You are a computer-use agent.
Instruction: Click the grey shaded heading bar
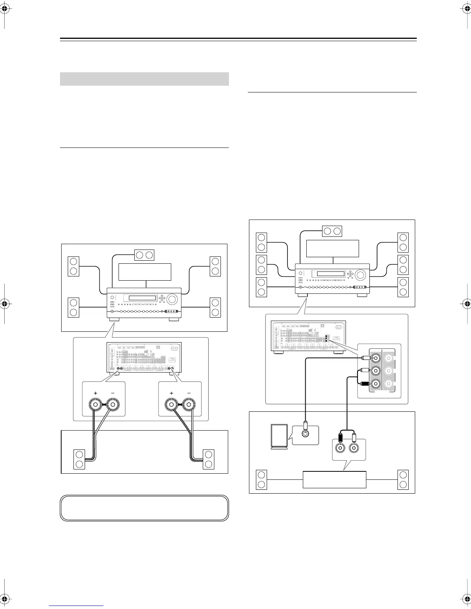pyautogui.click(x=144, y=79)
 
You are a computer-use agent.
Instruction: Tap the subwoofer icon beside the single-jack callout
pyautogui.click(x=279, y=436)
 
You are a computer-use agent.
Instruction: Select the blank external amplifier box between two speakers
pyautogui.click(x=334, y=479)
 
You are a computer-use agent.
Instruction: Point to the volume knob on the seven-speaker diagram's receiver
pyautogui.click(x=361, y=275)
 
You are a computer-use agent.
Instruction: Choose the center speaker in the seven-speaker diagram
pyautogui.click(x=332, y=231)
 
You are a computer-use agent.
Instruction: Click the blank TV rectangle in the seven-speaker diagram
pyautogui.click(x=332, y=248)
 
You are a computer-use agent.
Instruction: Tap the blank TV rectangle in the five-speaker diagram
pyautogui.click(x=145, y=272)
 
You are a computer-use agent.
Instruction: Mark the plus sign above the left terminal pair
pyautogui.click(x=95, y=393)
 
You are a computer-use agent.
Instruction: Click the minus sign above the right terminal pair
pyautogui.click(x=189, y=393)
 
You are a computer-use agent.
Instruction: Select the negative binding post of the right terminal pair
pyautogui.click(x=189, y=405)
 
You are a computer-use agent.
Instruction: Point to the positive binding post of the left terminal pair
pyautogui.click(x=95, y=405)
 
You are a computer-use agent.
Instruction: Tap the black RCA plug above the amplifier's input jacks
pyautogui.click(x=340, y=437)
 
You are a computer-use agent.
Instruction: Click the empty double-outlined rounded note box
pyautogui.click(x=144, y=508)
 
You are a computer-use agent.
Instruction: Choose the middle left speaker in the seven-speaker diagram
pyautogui.click(x=261, y=265)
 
